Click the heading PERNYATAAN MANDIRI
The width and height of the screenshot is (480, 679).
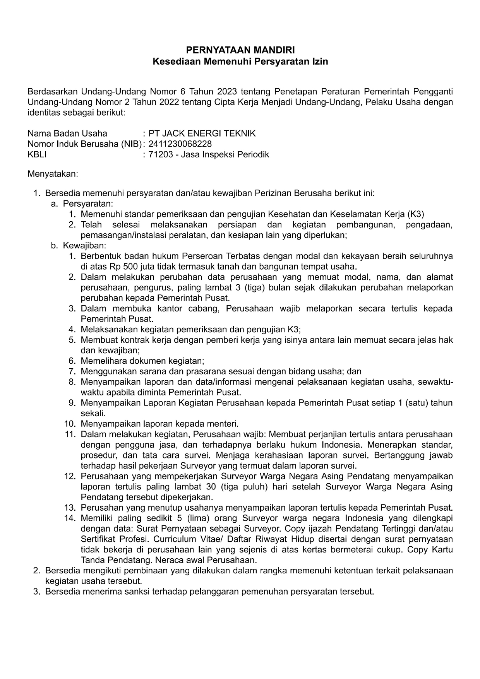(x=240, y=51)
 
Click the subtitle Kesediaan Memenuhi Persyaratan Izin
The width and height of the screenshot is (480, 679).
(x=240, y=62)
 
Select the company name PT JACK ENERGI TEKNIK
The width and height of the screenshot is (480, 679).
(x=202, y=134)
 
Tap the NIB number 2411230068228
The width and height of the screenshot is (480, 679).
(x=180, y=144)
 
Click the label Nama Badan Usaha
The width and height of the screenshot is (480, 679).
(x=67, y=134)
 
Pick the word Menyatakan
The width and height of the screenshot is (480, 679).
(x=53, y=174)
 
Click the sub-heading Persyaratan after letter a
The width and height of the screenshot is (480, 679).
(x=87, y=204)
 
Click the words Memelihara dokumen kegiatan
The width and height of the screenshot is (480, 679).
(x=142, y=361)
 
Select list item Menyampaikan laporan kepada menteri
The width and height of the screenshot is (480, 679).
(x=159, y=424)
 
